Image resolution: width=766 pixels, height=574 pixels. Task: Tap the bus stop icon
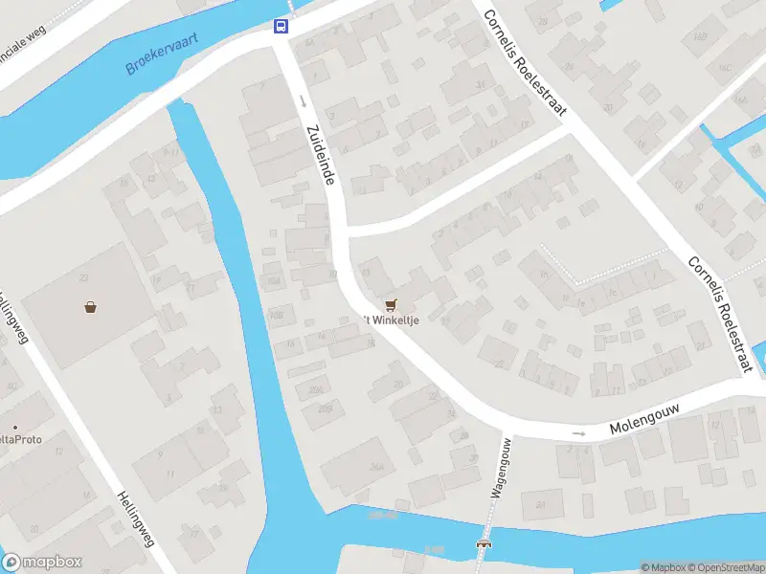coord(282,26)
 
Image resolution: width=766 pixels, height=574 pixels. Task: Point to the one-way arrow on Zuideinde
coord(302,99)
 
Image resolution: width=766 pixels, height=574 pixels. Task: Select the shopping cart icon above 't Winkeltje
coord(390,304)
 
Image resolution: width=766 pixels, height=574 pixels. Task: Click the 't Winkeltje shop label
coord(391,320)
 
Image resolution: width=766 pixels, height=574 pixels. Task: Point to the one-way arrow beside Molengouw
coord(578,433)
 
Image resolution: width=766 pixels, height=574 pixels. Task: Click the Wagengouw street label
coord(499,468)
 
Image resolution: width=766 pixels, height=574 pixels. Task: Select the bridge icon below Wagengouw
coord(484,544)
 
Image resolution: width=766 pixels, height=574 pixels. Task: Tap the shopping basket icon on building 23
coord(90,307)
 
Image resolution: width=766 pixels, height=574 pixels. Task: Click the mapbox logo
coord(41,563)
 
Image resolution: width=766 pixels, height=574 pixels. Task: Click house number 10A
coord(275,281)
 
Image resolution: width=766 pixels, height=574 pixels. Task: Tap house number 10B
coord(277,315)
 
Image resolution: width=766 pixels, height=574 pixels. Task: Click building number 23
coord(84,278)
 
